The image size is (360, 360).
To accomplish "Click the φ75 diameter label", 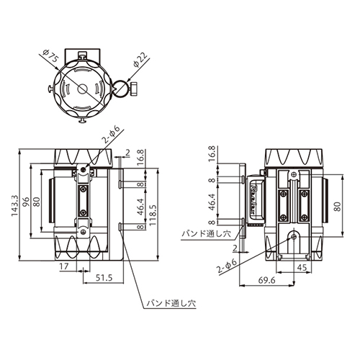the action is pyautogui.click(x=50, y=56).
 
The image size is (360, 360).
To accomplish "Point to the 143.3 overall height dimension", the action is pyautogui.click(x=15, y=205).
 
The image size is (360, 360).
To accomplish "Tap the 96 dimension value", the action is pyautogui.click(x=26, y=202).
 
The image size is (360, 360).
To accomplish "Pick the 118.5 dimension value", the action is pyautogui.click(x=153, y=215).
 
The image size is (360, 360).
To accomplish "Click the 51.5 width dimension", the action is pyautogui.click(x=104, y=278).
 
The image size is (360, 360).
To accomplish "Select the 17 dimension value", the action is pyautogui.click(x=64, y=266).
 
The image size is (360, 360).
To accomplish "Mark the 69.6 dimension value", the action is pyautogui.click(x=266, y=280).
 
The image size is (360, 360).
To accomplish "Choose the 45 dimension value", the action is pyautogui.click(x=302, y=267).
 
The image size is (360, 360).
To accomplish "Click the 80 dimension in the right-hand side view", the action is pyautogui.click(x=337, y=207).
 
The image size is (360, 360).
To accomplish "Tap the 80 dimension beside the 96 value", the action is pyautogui.click(x=37, y=202).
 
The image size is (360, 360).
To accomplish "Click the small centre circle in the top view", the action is pyautogui.click(x=82, y=89).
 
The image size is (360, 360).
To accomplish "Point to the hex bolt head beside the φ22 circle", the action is pyautogui.click(x=134, y=89).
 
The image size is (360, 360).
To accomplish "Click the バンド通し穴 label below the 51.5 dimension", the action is pyautogui.click(x=171, y=304).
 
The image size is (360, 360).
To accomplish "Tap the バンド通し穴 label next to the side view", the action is pyautogui.click(x=207, y=233).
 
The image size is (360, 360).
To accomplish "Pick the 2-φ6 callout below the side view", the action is pyautogui.click(x=227, y=266).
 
